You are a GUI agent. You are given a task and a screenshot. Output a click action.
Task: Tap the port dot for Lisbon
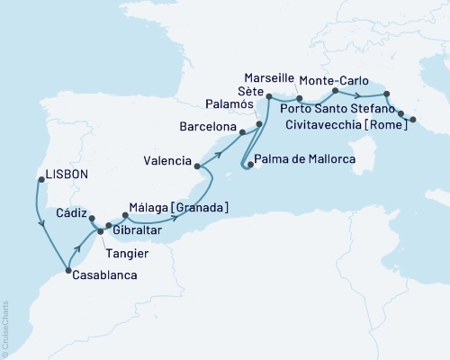[x=41, y=179]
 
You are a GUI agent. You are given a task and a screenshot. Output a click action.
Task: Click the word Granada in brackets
[x=202, y=208]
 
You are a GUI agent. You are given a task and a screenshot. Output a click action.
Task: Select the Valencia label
[x=166, y=162]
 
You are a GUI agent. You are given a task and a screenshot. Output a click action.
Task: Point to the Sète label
[x=249, y=92]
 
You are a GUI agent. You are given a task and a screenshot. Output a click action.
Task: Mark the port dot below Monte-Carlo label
[x=335, y=91]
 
